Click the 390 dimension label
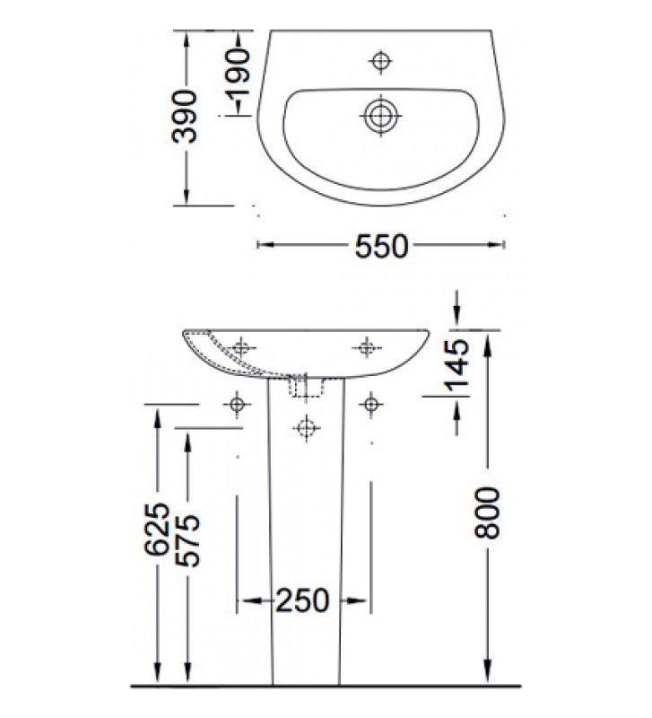pyautogui.click(x=186, y=117)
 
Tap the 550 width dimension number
pyautogui.click(x=381, y=245)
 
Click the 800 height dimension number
pyautogui.click(x=487, y=512)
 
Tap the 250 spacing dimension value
pyautogui.click(x=303, y=600)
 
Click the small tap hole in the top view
pyautogui.click(x=381, y=60)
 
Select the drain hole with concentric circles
pyautogui.click(x=381, y=115)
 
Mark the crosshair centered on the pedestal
pyautogui.click(x=305, y=428)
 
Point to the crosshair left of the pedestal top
pyautogui.click(x=238, y=406)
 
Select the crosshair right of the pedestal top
pyautogui.click(x=369, y=406)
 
